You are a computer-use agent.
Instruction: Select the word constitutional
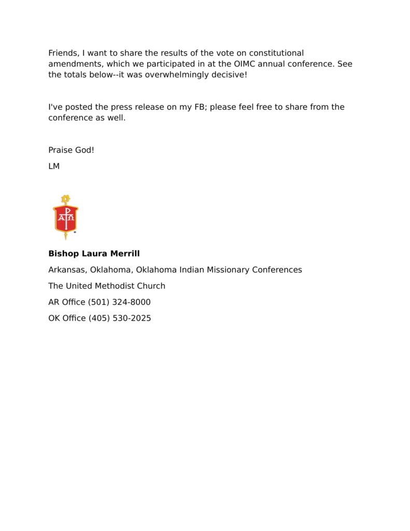point(273,53)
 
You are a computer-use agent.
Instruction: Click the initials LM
point(54,166)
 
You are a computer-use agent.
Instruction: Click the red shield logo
point(66,218)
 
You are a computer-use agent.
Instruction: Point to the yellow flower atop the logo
point(65,199)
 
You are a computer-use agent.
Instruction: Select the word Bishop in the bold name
point(64,254)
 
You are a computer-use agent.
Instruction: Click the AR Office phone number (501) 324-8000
point(119,302)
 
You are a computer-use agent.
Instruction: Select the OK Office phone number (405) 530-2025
point(120,318)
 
